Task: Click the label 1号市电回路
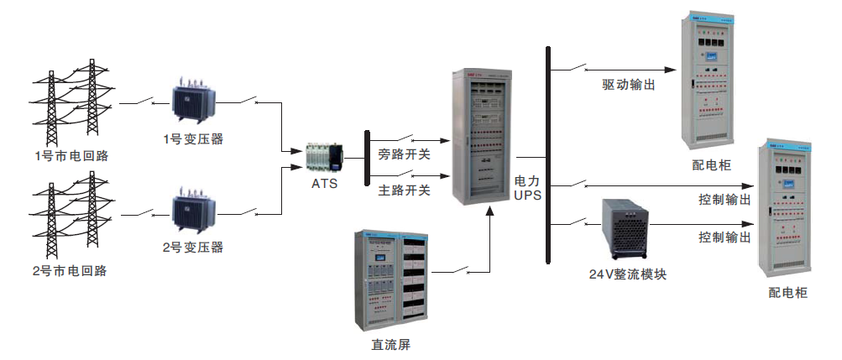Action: point(71,155)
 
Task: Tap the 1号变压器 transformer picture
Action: point(194,101)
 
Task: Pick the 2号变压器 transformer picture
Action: point(194,214)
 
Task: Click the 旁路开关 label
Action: point(404,154)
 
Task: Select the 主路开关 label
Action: point(404,190)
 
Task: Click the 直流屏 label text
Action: point(390,345)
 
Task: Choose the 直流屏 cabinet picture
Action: point(390,276)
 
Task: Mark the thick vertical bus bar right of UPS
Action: point(547,155)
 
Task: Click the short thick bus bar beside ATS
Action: point(367,158)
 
